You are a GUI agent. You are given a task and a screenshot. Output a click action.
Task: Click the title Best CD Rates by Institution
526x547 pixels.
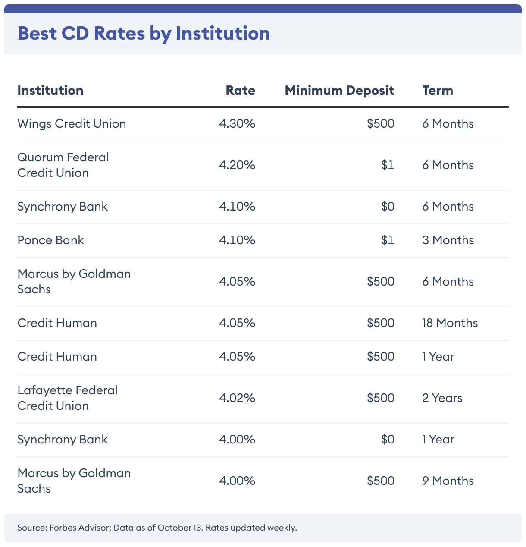coord(144,34)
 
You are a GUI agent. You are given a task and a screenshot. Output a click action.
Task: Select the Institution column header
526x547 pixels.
coord(50,91)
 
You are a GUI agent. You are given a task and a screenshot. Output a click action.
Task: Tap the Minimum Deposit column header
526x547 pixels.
coord(339,91)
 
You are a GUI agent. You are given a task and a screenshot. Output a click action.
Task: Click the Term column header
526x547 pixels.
coord(438,91)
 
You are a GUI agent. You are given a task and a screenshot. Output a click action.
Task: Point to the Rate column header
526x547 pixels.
coord(241,91)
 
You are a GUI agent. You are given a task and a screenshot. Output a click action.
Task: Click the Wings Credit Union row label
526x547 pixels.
coord(72,124)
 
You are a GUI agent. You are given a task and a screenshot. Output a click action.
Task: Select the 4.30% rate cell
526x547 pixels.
coord(237,124)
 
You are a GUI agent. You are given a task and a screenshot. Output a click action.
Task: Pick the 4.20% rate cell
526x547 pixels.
coord(237,165)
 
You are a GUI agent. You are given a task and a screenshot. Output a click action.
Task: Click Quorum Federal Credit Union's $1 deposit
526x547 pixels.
coord(388,165)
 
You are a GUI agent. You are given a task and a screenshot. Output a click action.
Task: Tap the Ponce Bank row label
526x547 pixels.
coord(50,240)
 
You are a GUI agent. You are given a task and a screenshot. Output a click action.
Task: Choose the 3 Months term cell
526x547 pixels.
coord(448,240)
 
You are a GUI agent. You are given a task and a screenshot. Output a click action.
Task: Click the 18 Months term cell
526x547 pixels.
coord(450,323)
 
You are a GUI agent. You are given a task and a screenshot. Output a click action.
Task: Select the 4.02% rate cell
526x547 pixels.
coord(237,398)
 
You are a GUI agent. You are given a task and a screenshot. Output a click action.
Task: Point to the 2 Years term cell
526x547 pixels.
coord(442,398)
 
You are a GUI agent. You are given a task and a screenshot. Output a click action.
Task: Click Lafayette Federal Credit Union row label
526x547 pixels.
coord(67,398)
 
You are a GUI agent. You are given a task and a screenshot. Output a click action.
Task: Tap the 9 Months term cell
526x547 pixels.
coord(448,481)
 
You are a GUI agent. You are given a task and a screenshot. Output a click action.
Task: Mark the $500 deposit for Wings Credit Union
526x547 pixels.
coord(381,124)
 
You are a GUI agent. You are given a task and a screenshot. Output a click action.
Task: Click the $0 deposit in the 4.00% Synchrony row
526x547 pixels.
coord(388,440)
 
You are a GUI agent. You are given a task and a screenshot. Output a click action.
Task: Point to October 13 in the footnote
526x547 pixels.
coord(180,528)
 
